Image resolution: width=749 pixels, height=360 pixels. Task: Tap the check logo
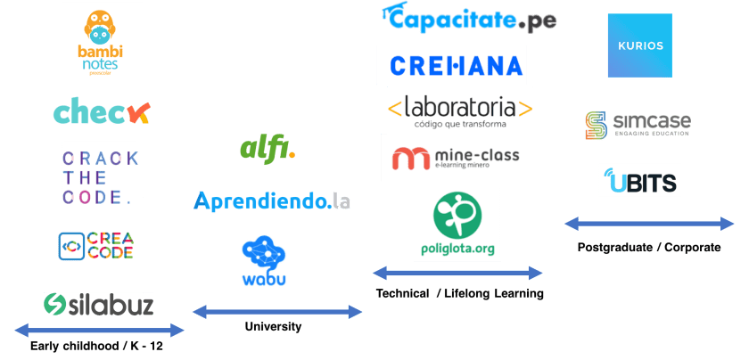tap(101, 113)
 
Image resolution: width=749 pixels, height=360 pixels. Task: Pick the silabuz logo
tap(99, 303)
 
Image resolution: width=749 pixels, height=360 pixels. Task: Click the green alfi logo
tap(267, 147)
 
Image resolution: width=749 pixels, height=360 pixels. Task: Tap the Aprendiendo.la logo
tap(271, 200)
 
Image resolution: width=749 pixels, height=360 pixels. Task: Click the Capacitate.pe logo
tap(468, 18)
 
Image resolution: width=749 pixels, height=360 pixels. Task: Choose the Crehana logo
tap(457, 65)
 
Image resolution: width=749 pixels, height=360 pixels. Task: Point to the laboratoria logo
tap(460, 111)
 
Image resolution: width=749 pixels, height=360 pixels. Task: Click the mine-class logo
tap(456, 159)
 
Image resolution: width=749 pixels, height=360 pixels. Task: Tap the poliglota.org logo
tap(457, 224)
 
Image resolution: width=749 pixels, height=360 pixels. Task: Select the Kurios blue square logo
tap(640, 45)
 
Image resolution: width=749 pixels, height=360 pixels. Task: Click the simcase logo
tap(638, 125)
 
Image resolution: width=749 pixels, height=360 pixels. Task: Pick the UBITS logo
tap(639, 180)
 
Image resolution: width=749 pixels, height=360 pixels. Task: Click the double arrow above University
tap(277, 311)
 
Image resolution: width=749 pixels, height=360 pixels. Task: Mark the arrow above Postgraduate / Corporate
tap(650, 224)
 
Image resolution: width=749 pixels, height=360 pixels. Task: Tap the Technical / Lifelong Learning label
tap(459, 293)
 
